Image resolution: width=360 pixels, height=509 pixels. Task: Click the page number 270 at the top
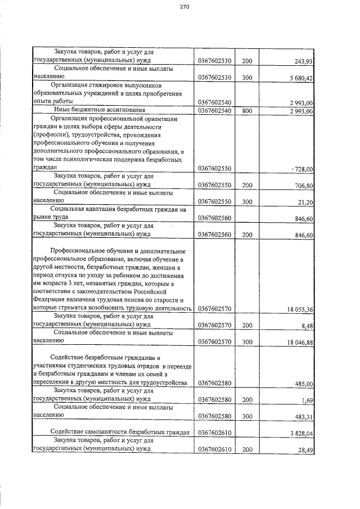[x=184, y=7]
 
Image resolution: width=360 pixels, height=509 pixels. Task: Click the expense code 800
[x=246, y=111]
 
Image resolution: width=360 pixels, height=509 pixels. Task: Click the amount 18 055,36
[x=299, y=309]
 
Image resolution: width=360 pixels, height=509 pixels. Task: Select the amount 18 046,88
[x=299, y=341]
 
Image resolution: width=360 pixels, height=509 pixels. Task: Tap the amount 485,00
[x=303, y=384]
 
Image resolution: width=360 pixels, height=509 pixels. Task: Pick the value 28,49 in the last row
[x=305, y=450]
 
